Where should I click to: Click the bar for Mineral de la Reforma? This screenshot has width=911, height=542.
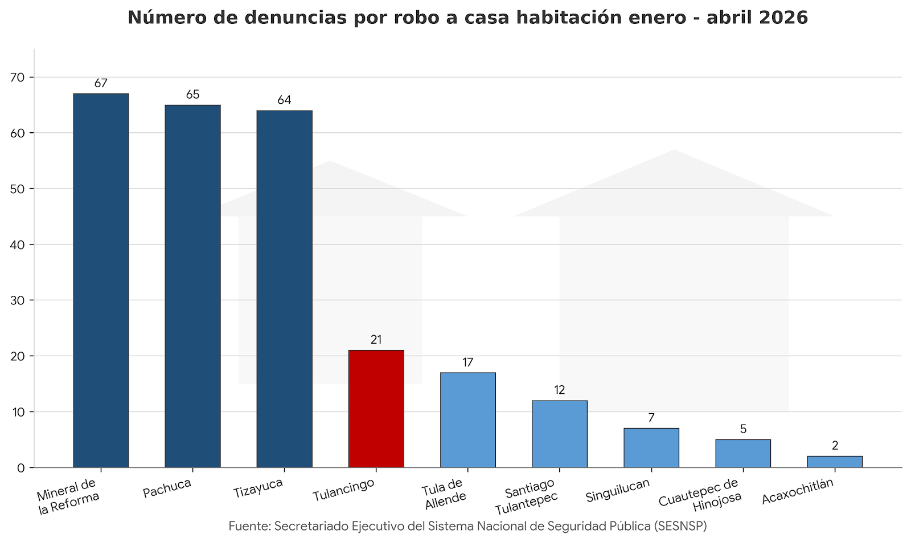point(101,280)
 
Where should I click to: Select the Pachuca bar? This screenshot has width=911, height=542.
point(193,286)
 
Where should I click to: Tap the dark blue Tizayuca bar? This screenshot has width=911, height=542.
point(284,289)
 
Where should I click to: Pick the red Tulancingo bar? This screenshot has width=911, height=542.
point(376,409)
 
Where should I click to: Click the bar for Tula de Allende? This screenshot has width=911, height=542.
point(467,420)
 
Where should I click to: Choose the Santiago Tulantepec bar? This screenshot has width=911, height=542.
point(560,434)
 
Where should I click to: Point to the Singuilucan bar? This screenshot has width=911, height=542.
point(651,448)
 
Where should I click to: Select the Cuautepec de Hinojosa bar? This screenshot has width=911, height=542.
point(743,454)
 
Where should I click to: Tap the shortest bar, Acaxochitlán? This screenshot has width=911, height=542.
point(835,462)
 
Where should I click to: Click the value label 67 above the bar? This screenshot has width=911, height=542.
point(101,83)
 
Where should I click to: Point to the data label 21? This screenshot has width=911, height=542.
point(376,340)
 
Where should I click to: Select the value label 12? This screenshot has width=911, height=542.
point(560,390)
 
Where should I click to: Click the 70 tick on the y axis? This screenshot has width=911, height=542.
point(17,78)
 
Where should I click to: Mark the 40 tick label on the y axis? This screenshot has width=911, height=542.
point(17,244)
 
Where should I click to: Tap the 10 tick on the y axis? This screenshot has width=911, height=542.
point(18,412)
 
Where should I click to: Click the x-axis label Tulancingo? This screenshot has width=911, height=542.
point(344,490)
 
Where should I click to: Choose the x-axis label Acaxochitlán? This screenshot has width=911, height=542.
point(798,491)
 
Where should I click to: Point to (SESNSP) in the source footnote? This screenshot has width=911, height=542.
point(680,526)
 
